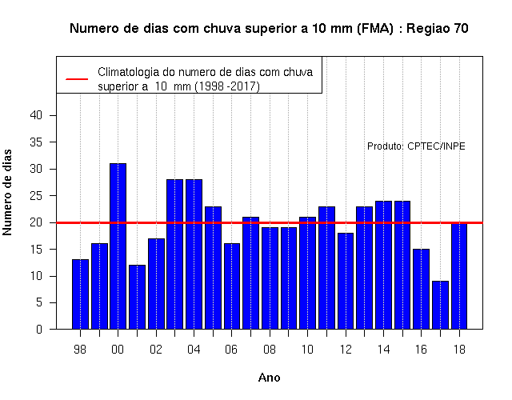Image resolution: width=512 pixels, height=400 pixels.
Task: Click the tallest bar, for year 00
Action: click(118, 246)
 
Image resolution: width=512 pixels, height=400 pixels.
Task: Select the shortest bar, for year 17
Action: click(440, 305)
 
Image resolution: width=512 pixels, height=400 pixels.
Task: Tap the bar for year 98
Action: click(80, 294)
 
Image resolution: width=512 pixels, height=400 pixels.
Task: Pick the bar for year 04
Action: click(194, 254)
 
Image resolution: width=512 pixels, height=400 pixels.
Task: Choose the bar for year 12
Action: click(346, 281)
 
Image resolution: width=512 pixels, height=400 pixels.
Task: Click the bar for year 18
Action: click(459, 275)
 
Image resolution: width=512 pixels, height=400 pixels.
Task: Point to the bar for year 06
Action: click(232, 286)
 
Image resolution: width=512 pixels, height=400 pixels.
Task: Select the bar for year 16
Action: click(422, 289)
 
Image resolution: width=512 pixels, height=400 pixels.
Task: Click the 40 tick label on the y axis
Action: click(36, 115)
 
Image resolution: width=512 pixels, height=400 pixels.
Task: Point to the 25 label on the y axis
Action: click(36, 195)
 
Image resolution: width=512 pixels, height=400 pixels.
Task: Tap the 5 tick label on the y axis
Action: click(39, 302)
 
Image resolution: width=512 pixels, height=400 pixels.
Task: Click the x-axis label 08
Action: click(270, 350)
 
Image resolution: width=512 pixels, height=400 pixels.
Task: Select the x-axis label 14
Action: click(383, 350)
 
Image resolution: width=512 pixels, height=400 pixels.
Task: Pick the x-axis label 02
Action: click(156, 350)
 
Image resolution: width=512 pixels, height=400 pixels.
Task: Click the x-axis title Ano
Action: click(270, 378)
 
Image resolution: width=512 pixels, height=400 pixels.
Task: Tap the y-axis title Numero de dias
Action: click(7, 192)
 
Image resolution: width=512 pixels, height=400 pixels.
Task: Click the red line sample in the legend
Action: click(77, 79)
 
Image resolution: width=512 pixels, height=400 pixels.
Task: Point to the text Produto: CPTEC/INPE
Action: click(416, 146)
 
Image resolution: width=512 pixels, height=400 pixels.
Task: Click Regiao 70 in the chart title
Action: click(438, 29)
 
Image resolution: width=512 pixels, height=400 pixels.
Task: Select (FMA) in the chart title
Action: click(375, 29)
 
